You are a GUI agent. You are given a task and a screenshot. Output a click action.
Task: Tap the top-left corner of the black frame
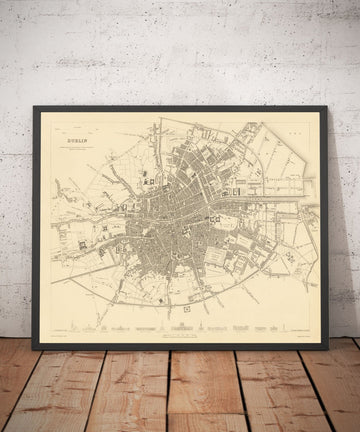point(34,108)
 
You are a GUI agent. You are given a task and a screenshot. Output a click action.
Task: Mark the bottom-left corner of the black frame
point(34,348)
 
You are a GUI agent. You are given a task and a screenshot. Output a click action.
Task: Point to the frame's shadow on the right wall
point(335,230)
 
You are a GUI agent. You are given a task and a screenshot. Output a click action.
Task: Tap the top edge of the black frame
point(180,108)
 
